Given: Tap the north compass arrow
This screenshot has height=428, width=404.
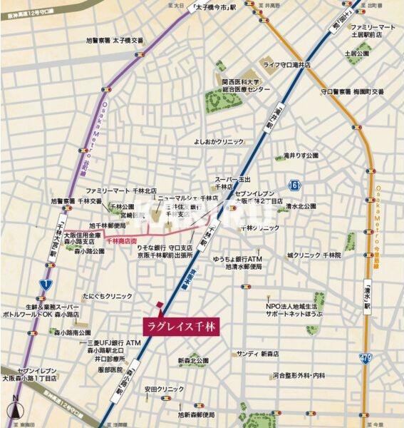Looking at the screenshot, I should pos(16,410).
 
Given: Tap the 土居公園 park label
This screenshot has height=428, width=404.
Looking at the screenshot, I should pos(356,53).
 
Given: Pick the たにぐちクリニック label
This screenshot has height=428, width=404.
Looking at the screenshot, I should pos(107,295).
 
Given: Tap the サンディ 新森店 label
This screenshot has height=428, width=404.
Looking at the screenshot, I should pos(258,353).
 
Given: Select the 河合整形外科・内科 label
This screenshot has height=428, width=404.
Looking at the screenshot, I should pos(298,374).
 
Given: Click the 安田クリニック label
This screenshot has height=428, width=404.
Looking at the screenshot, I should pos(165,389).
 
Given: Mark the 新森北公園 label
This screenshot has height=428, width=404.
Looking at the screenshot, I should pos(193,360).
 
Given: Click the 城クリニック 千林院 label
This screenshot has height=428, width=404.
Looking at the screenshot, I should pos(314,255).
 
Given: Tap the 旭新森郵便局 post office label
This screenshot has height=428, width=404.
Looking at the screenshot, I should pos(196,414).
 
